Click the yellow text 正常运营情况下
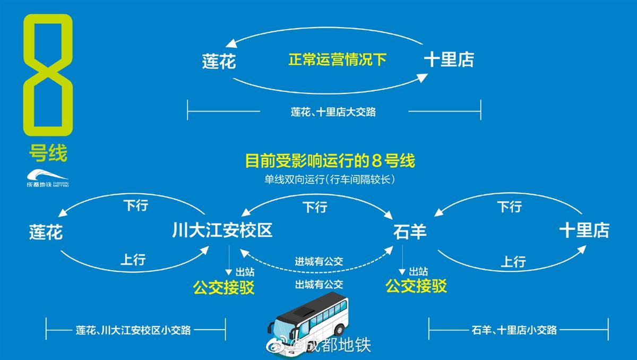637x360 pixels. (337, 59)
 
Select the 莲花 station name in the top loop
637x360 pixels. (219, 62)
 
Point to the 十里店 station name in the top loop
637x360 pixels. (449, 59)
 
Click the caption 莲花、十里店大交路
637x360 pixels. (333, 112)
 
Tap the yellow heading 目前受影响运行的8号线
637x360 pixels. (329, 160)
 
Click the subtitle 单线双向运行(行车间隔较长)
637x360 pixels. (330, 179)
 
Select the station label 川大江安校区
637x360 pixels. (222, 231)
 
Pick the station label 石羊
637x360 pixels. (410, 232)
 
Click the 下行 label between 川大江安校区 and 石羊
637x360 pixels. (315, 207)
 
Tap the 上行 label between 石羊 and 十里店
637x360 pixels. (513, 261)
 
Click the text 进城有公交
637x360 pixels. (319, 261)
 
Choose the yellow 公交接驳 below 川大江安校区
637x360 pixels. (224, 288)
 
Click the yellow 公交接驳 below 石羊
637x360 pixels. (416, 286)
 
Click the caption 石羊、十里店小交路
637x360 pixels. (514, 330)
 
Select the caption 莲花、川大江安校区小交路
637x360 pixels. (133, 330)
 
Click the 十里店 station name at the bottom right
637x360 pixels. (584, 231)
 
